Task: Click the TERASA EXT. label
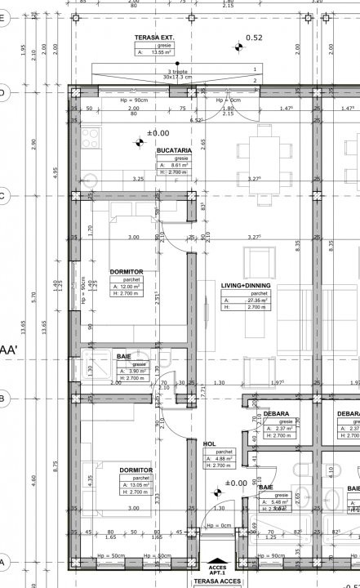point(154,38)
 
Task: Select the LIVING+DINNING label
point(246,286)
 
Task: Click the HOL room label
point(209,443)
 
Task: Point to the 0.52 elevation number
point(254,38)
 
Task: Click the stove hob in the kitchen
point(90,136)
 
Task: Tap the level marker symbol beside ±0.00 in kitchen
point(139,144)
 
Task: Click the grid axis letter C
point(3,196)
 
